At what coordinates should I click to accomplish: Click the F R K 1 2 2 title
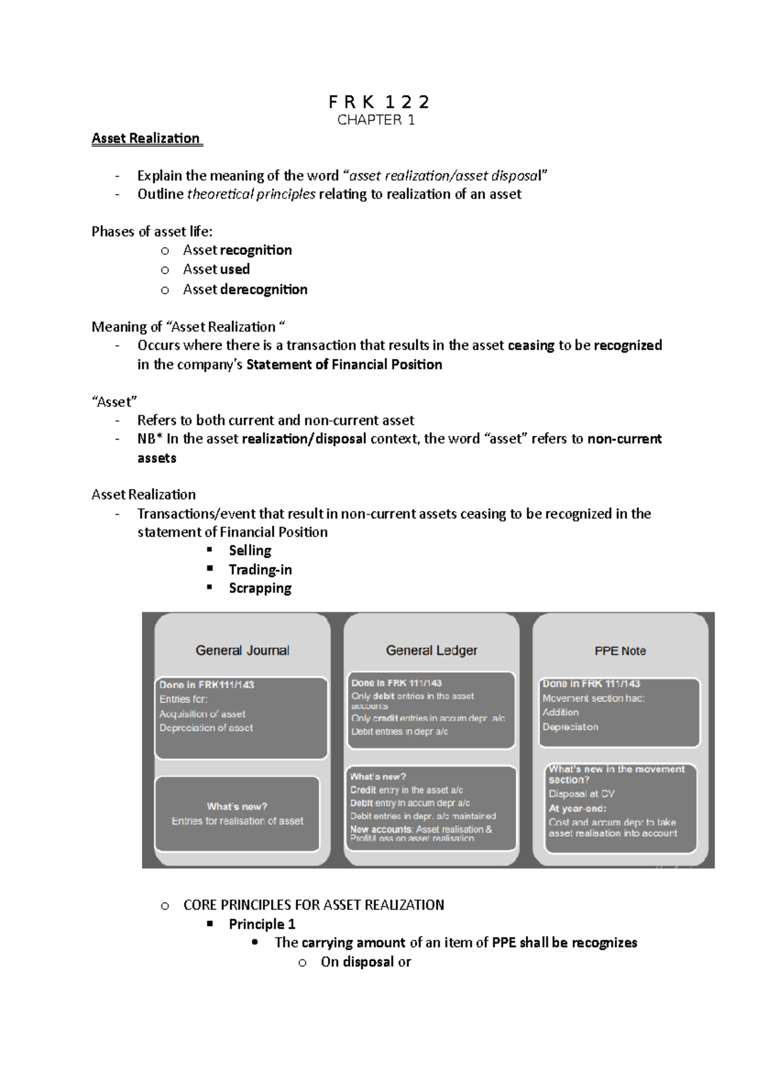point(378,102)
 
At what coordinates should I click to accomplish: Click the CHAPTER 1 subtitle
point(376,120)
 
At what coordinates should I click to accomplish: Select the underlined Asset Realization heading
point(146,139)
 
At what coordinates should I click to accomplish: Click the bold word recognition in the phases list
point(255,250)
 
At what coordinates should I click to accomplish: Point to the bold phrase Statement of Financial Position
point(344,365)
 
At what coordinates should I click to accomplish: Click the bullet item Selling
point(250,551)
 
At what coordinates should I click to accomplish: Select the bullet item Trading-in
point(260,570)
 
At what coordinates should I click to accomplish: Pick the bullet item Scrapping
point(260,588)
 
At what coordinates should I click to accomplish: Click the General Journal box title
point(242,650)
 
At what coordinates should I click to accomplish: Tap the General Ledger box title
point(431,650)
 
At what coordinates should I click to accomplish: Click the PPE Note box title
point(620,651)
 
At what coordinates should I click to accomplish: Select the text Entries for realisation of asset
point(237,821)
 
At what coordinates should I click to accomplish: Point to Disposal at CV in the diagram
point(581,794)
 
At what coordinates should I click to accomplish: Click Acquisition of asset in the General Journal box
point(202,714)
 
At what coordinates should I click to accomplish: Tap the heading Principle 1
point(262,925)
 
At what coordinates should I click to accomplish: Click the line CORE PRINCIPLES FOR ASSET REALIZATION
point(314,905)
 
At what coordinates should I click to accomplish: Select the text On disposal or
point(365,963)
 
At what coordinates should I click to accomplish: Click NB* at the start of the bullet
point(150,439)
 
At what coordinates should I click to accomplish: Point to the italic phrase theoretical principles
point(251,194)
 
